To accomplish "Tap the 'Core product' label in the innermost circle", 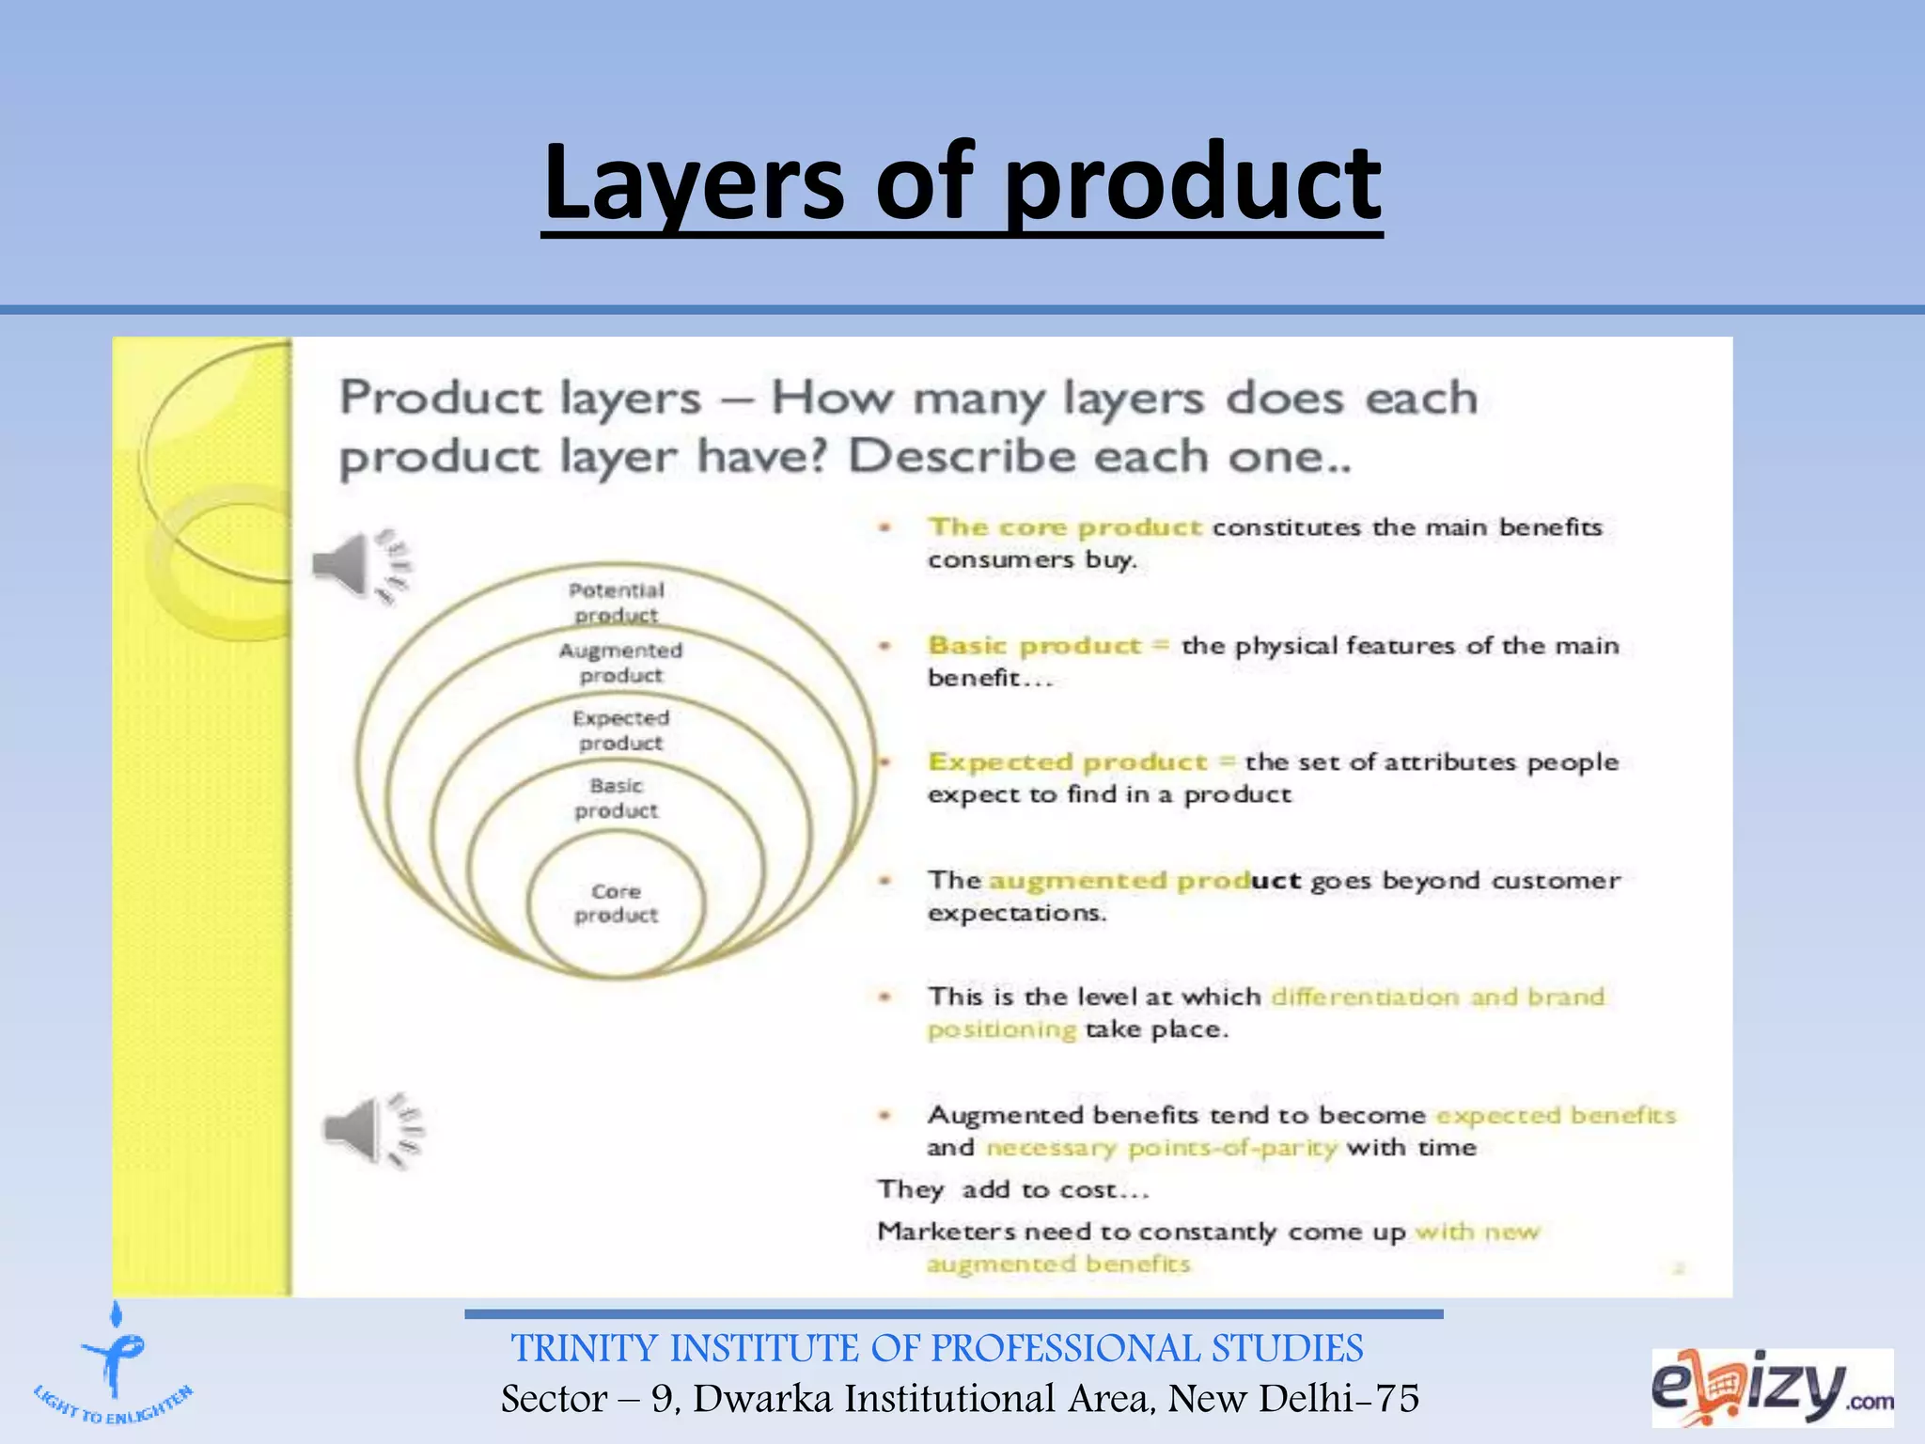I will [x=617, y=902].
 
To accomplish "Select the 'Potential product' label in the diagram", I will [x=617, y=602].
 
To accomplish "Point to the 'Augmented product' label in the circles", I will [x=620, y=662].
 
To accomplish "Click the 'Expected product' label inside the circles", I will [x=620, y=730].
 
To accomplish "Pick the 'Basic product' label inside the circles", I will [x=617, y=797].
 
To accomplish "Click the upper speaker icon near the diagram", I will [x=363, y=565].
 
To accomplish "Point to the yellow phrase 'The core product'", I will [x=1064, y=526].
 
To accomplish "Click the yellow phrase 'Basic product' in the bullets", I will [x=1034, y=645].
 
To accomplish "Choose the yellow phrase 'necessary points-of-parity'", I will [x=1161, y=1148].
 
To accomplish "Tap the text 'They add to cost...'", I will [x=1013, y=1189].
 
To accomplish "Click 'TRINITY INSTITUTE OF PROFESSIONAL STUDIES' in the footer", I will [x=937, y=1348].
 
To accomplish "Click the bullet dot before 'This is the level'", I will [x=884, y=996].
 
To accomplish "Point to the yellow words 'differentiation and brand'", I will [x=1437, y=996].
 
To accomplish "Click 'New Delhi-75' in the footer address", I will [x=1293, y=1399].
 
